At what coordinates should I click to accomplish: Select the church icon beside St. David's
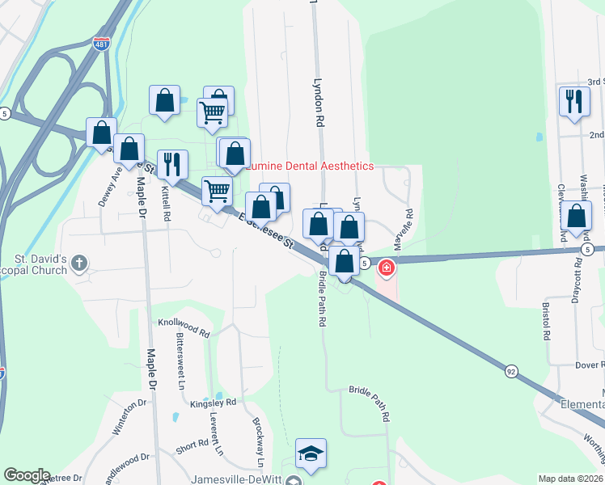(79, 263)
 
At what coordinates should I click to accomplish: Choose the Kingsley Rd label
(213, 402)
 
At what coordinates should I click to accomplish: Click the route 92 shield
(511, 371)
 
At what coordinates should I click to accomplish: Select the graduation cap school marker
(311, 454)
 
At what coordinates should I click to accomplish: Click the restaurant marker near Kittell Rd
(172, 165)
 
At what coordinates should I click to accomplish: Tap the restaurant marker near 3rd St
(574, 101)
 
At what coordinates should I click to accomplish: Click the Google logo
(27, 475)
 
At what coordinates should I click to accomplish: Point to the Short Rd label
(192, 445)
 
